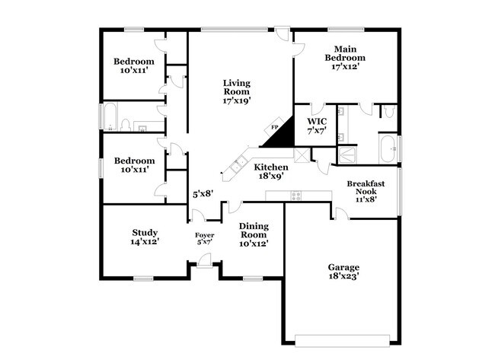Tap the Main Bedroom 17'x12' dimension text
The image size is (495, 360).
[x=345, y=67]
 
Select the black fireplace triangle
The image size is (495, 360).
[x=279, y=135]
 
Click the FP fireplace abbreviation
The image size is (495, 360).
[x=275, y=127]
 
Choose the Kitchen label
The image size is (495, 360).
[x=270, y=167]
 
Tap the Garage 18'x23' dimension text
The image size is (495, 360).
[x=343, y=277]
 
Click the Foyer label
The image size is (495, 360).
[x=204, y=235]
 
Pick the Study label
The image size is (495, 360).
[x=144, y=233]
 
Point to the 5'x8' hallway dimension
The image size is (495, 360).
[x=201, y=194]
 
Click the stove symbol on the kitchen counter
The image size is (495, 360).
[x=295, y=195]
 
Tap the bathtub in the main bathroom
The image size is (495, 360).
[x=388, y=148]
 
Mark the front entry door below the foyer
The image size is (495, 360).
[x=204, y=263]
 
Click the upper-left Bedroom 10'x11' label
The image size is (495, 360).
[x=134, y=65]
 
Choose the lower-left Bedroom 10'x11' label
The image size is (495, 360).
[x=134, y=165]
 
